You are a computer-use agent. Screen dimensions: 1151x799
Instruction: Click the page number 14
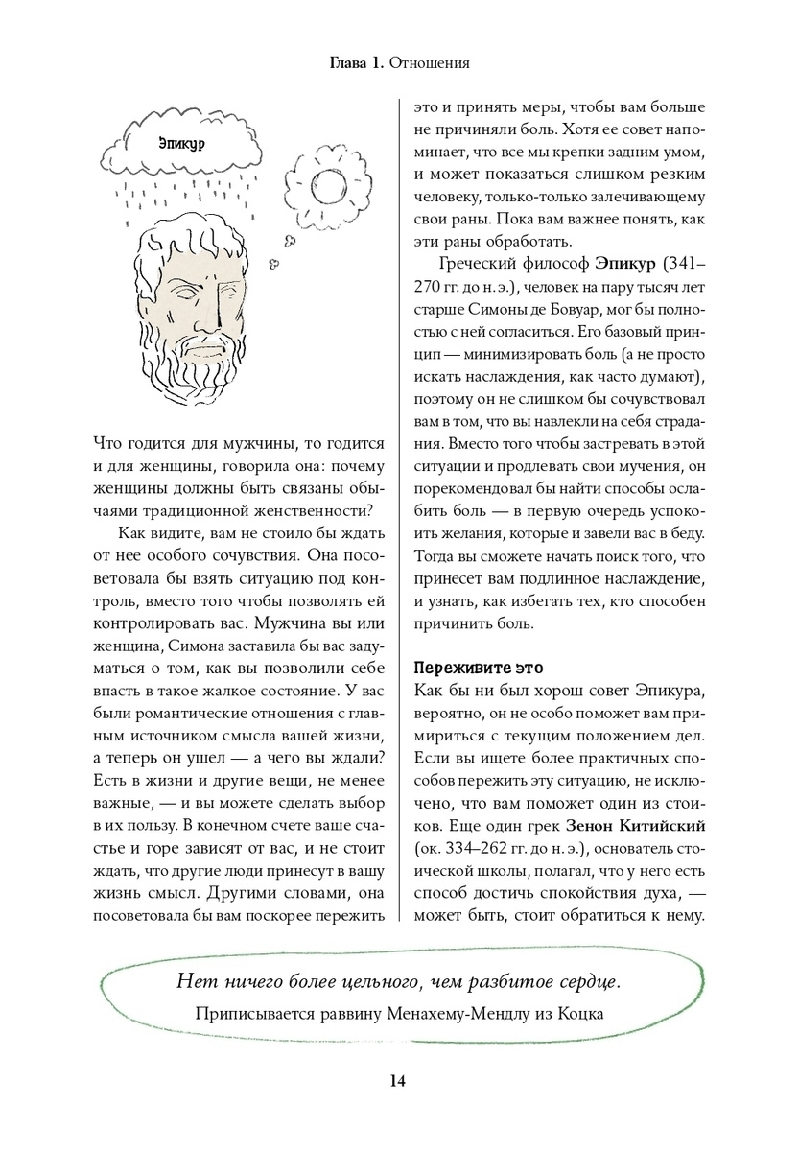(x=399, y=1081)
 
